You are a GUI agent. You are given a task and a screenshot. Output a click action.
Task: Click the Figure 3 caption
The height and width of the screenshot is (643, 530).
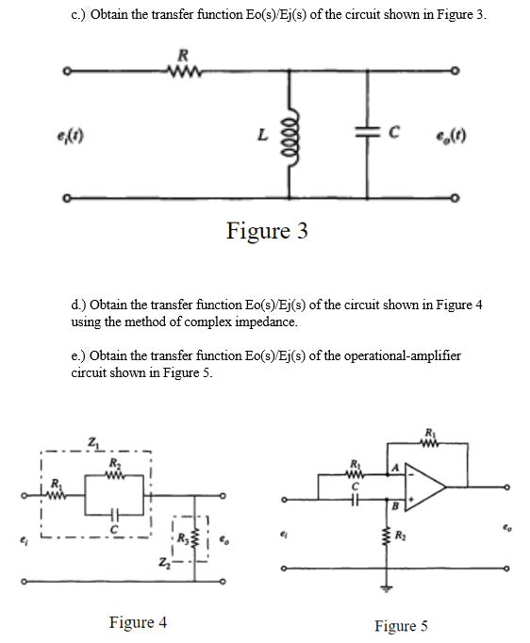tap(266, 231)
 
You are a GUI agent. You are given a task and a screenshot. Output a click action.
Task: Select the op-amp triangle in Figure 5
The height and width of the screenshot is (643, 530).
tap(424, 488)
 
